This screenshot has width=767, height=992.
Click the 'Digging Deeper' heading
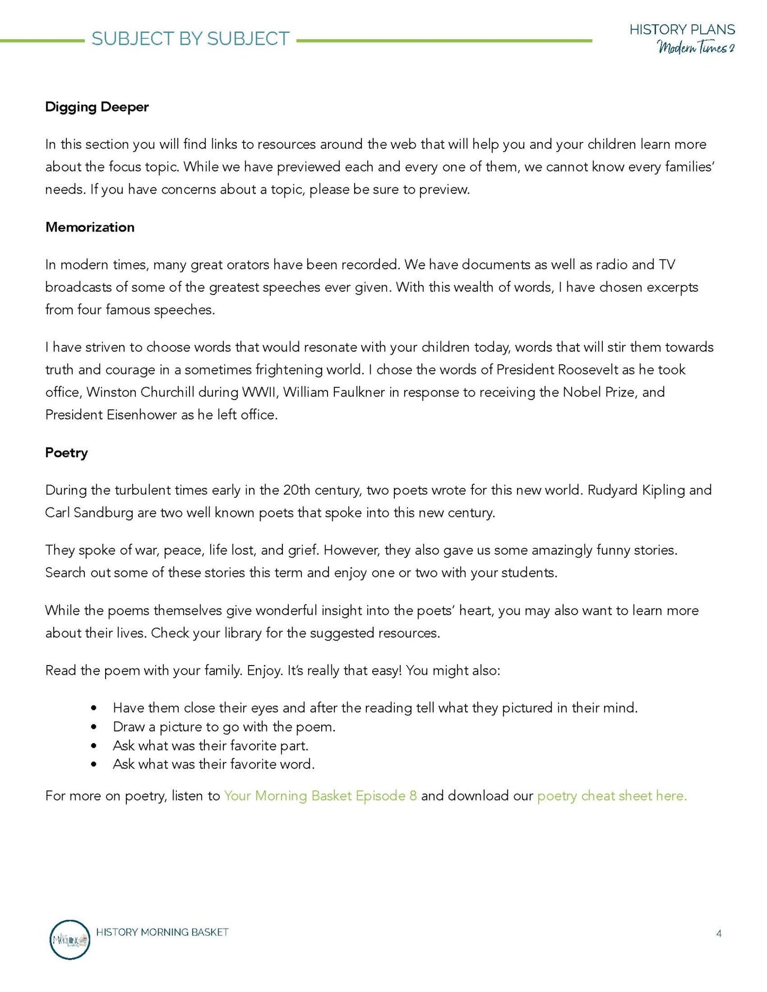97,107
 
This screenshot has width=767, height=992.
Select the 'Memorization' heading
90,227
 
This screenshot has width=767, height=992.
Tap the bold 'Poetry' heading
66,453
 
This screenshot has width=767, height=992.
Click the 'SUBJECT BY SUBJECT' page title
191,39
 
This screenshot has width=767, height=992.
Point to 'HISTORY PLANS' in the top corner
682,30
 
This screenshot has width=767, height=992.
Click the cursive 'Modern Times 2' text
696,48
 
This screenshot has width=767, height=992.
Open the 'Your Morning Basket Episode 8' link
320,796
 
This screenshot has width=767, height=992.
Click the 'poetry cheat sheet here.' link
611,796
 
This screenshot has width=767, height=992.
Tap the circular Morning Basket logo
70,939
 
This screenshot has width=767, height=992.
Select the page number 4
719,933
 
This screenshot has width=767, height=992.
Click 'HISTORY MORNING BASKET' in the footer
162,932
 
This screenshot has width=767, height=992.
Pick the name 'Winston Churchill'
141,392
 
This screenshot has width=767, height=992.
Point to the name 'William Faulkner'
341,392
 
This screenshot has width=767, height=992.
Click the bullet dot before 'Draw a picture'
94,727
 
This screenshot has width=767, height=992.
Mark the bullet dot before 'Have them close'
94,708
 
